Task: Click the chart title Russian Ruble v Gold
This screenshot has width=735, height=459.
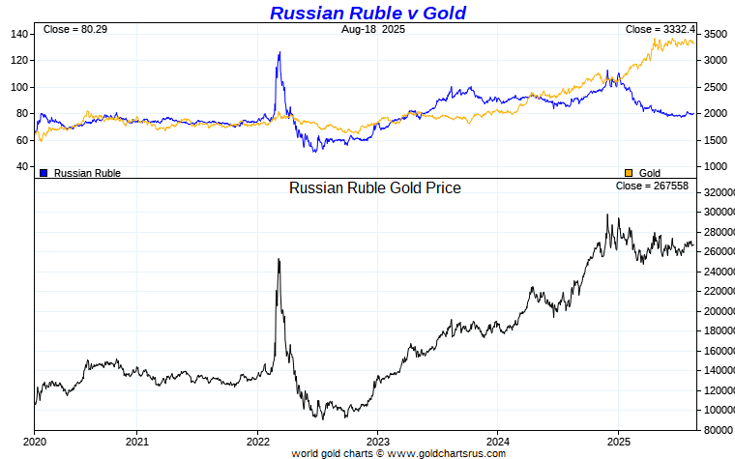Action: [367, 13]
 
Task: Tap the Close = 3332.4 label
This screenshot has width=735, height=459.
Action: [660, 30]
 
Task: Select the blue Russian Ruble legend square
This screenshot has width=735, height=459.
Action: [44, 172]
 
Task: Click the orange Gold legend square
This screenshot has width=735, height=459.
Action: [629, 172]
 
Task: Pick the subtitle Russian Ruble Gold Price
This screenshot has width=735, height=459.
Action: [374, 187]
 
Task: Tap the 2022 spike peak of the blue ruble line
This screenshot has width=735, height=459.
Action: [279, 53]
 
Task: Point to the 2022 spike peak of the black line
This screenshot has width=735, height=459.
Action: [279, 259]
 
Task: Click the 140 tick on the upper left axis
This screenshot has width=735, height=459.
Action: [20, 34]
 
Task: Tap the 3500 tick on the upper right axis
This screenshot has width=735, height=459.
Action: [715, 34]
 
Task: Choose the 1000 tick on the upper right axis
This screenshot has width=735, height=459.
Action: [715, 166]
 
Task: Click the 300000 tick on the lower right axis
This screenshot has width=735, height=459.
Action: [718, 212]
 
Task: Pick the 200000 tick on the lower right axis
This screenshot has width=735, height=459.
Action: [718, 311]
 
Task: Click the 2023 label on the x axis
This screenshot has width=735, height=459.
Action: [377, 440]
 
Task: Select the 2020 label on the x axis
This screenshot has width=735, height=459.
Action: [35, 440]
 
